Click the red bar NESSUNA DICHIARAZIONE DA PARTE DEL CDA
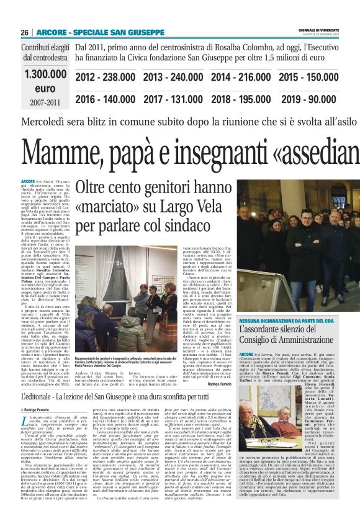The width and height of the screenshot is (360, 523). [x=285, y=319]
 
